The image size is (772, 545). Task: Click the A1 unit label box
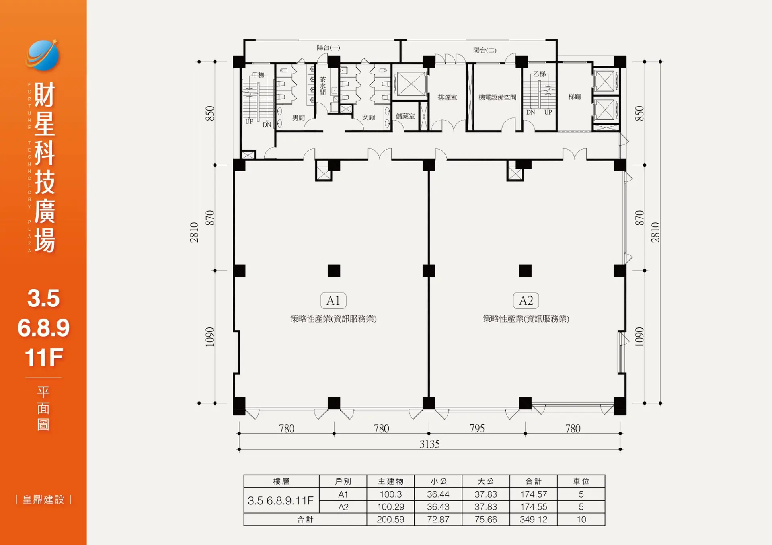pos(333,300)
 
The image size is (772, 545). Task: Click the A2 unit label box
pos(526,300)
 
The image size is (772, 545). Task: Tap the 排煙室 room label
pos(448,97)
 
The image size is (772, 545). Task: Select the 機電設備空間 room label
pos(497,97)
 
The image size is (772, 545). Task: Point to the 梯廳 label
pos(575,97)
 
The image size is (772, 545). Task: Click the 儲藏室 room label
pos(405,116)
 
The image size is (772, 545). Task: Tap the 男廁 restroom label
pos(298,118)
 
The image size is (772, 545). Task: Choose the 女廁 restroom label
pos(369,117)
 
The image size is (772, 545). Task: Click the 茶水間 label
pos(322,86)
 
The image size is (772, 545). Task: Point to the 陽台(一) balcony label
pos(329,47)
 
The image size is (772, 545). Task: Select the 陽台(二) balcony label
pos(485,50)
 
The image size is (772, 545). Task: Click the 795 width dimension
pos(477,428)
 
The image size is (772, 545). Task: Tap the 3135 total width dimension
pos(430,444)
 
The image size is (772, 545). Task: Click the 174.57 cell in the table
pos(534,494)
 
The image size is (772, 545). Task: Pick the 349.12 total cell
pos(534,520)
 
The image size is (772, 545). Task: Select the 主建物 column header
pos(391,481)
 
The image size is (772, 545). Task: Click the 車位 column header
pos(581,481)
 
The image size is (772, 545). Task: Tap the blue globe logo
pos(42,55)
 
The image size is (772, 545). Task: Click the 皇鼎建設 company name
pos(43,500)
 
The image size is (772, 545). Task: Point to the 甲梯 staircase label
pos(258,75)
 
